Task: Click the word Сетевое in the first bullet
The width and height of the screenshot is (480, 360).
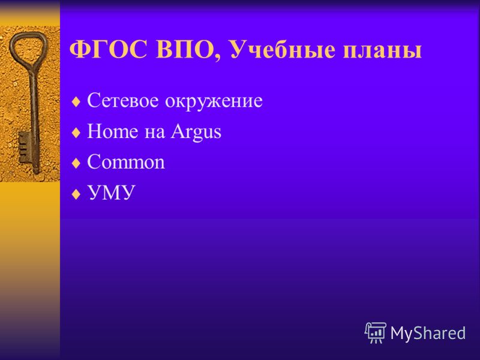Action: point(123,100)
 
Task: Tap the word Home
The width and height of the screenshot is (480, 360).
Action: point(112,131)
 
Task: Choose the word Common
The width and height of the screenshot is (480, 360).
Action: point(126,162)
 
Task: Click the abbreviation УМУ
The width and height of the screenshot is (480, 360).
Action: point(111,192)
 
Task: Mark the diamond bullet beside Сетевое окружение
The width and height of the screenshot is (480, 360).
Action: point(76,102)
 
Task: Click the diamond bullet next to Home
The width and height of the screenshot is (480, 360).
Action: point(76,133)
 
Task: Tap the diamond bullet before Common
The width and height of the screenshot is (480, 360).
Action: point(76,163)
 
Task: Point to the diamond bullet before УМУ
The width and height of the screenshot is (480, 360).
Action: point(76,194)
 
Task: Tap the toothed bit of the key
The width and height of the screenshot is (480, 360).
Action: point(23,148)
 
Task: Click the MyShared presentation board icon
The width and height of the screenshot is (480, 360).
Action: point(376,333)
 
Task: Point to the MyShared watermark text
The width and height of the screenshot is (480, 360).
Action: point(428,333)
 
